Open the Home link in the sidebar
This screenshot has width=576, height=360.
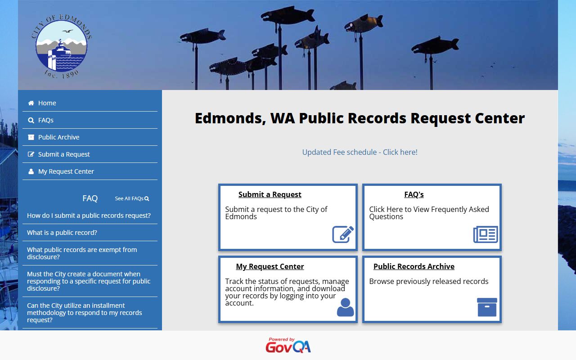coord(47,103)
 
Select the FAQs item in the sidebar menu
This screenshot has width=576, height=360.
coord(45,120)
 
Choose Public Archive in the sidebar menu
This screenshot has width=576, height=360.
coord(58,137)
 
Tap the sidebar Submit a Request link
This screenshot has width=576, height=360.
coord(64,154)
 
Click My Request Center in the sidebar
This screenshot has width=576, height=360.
coord(66,171)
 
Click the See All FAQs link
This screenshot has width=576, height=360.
coord(131,198)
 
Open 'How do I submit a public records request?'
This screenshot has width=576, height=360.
coord(89,216)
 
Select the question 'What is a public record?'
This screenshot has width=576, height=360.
coord(62,233)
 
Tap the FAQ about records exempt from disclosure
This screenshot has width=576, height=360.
coord(82,253)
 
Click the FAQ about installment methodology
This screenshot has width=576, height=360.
coord(84,313)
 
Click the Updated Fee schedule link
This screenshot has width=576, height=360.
coord(360,152)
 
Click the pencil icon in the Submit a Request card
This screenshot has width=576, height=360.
coord(343,234)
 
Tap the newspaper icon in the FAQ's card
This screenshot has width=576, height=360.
coord(486,234)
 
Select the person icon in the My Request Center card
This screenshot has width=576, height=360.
coord(345,307)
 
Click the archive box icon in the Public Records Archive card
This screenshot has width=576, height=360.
coord(487,307)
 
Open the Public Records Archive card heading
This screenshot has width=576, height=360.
coord(414,266)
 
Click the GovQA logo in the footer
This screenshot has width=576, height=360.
coord(288,346)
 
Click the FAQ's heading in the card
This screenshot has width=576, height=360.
coord(414,194)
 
